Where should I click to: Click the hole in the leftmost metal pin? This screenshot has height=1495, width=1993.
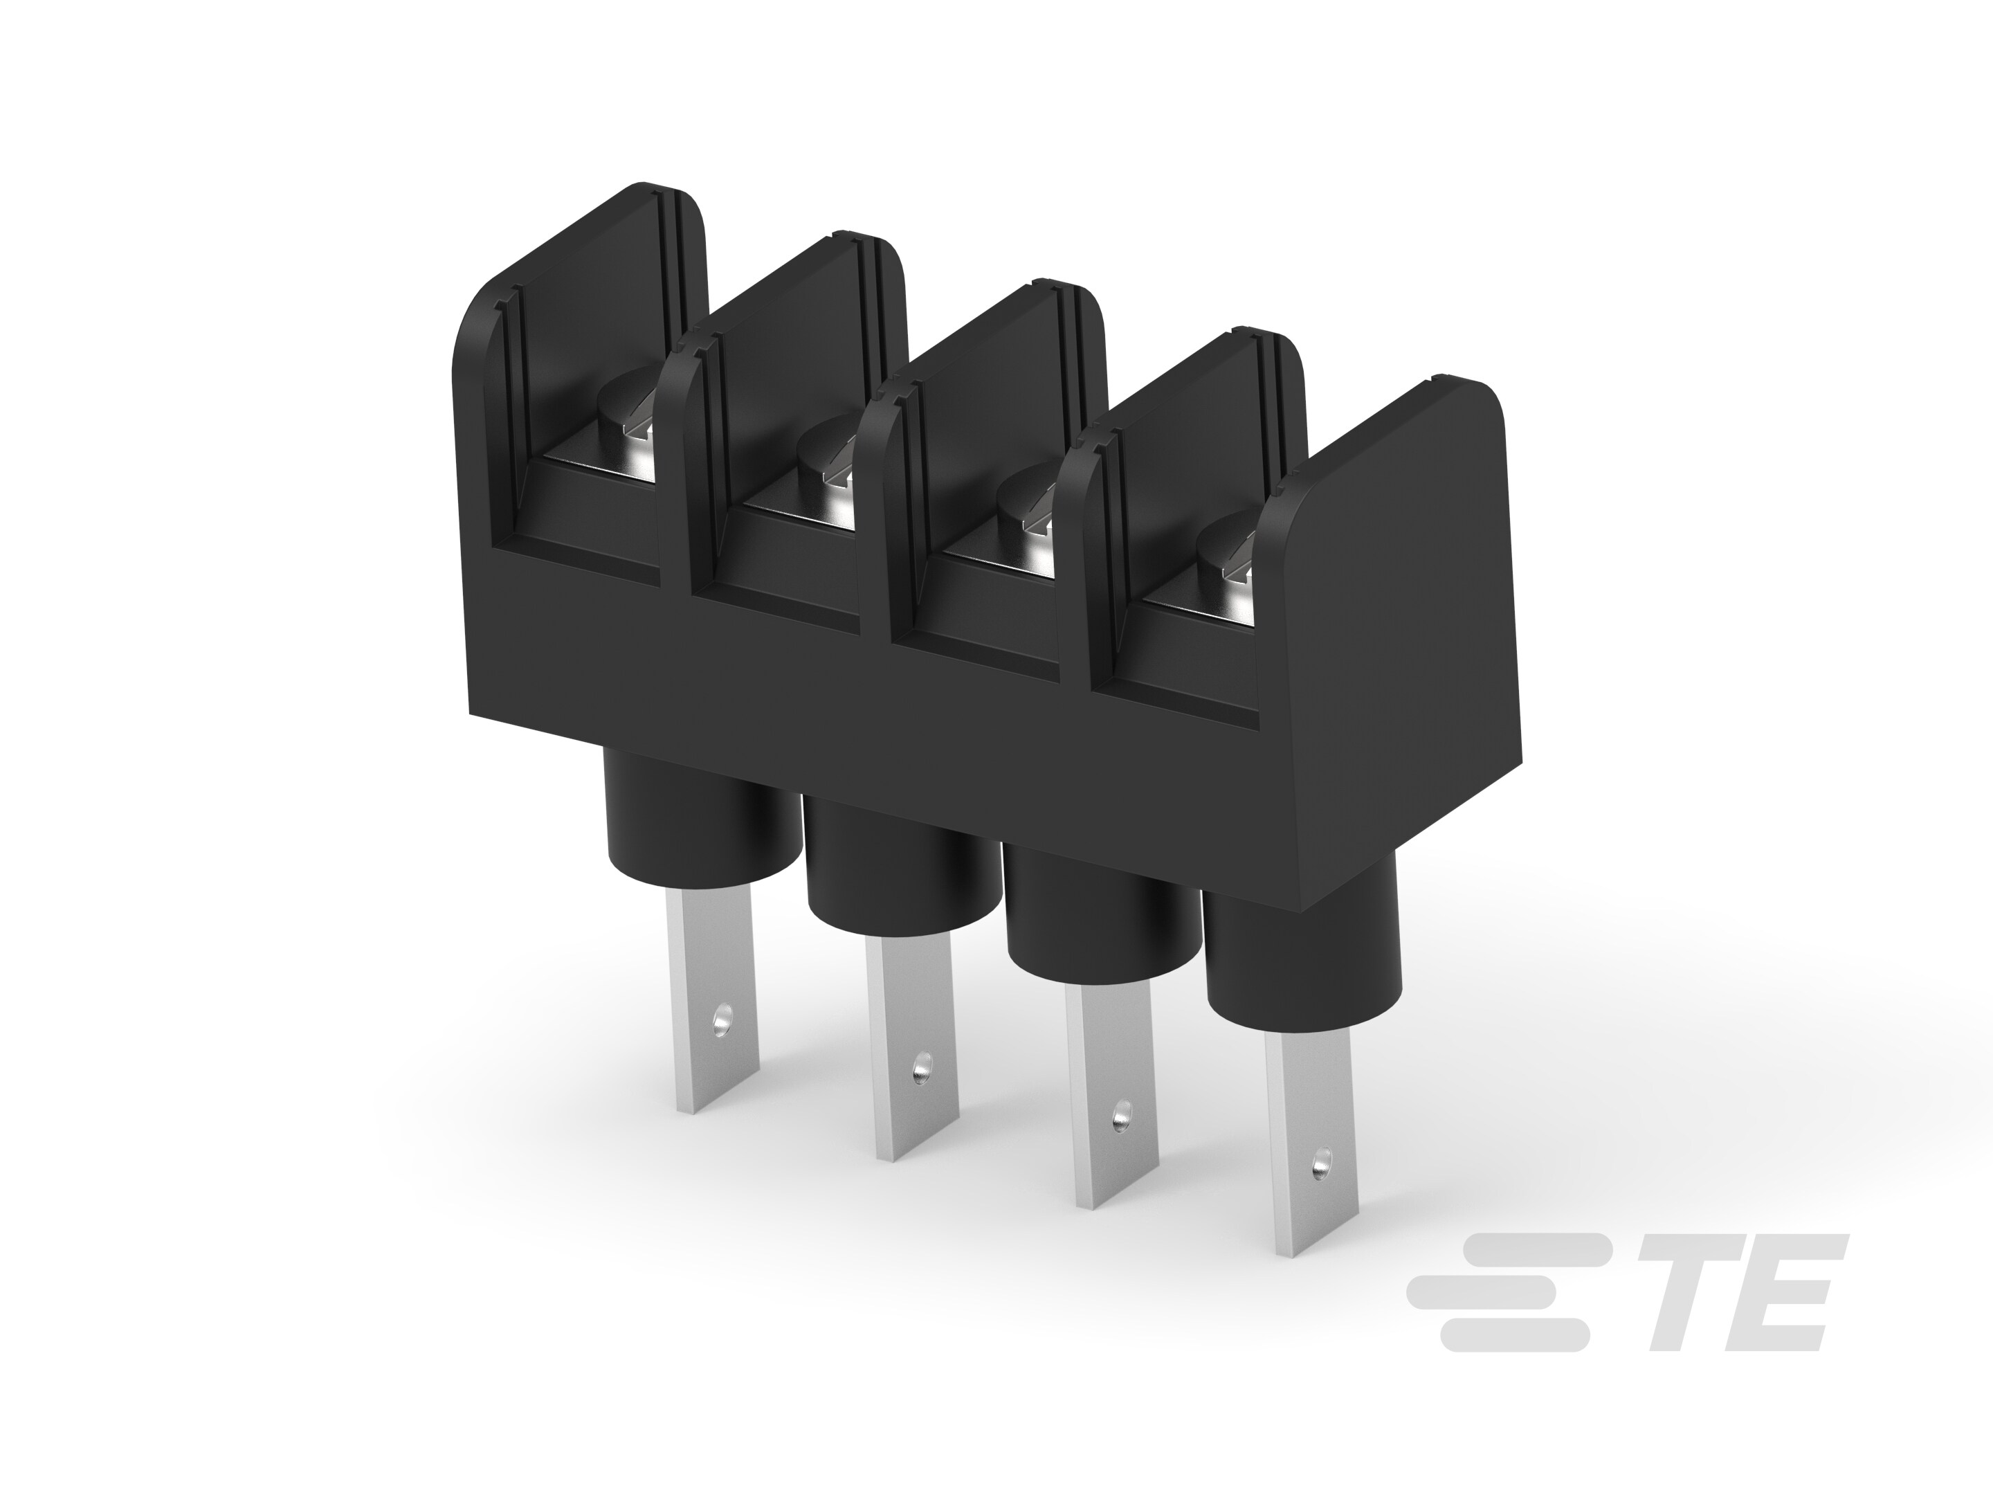(720, 1020)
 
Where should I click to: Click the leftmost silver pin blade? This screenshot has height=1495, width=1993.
(712, 1000)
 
